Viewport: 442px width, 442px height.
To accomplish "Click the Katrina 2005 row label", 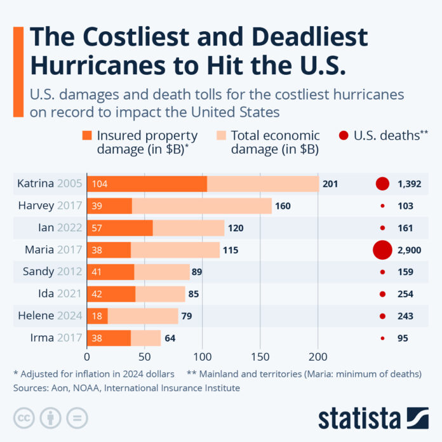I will [48, 184].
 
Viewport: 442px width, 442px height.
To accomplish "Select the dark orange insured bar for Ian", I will [119, 228].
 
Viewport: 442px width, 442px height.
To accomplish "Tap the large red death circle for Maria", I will [382, 250].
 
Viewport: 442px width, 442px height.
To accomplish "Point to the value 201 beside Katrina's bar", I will [330, 184].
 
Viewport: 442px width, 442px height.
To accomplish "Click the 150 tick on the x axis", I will [260, 357].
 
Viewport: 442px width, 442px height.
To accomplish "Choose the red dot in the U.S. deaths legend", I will [344, 135].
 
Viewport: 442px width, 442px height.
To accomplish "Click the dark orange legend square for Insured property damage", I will [87, 135].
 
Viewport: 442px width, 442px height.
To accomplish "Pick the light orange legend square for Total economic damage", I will [220, 135].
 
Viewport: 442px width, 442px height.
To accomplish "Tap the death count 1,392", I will [410, 184].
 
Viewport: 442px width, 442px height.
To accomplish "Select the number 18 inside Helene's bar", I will [97, 316].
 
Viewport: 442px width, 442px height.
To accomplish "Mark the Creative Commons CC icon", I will [24, 417].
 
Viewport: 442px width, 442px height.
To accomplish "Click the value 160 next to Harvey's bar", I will [283, 206].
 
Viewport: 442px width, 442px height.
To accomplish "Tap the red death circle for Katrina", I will [382, 184].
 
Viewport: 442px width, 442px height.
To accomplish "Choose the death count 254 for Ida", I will [405, 294].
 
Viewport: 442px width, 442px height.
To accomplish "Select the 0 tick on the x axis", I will [87, 357].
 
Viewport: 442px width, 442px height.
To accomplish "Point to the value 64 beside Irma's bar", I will [170, 338].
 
